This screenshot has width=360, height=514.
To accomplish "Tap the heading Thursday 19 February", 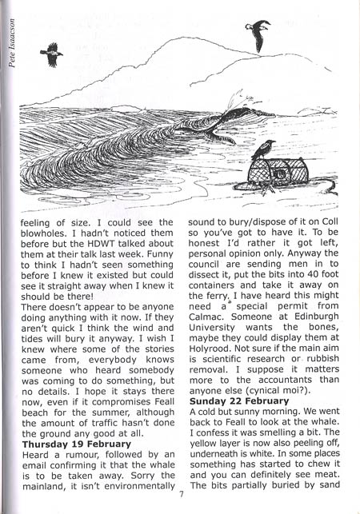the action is pyautogui.click(x=77, y=442).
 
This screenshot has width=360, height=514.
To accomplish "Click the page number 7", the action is pyautogui.click(x=183, y=505).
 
